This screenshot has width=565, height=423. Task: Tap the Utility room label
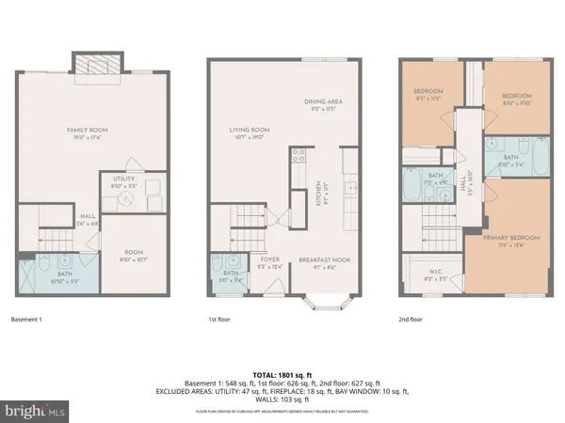click(122, 180)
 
